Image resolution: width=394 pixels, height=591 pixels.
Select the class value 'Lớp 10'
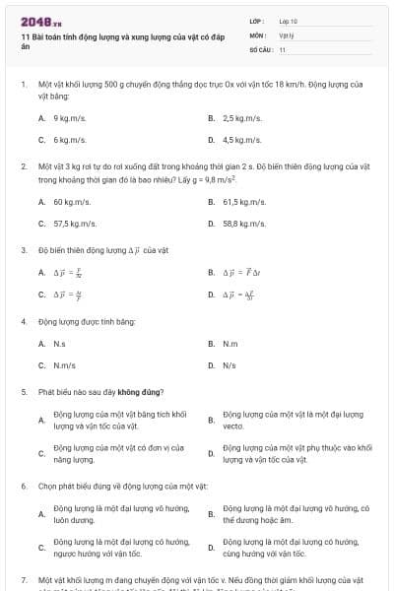click(288, 20)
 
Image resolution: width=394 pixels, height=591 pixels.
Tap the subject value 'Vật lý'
click(287, 34)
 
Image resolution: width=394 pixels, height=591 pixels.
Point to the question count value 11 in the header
click(283, 49)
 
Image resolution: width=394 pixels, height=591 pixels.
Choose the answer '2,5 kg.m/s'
click(240, 118)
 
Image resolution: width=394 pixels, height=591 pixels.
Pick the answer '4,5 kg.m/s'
click(241, 141)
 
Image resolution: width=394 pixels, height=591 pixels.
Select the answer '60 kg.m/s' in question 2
click(72, 202)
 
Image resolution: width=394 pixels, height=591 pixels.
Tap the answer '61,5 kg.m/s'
click(243, 202)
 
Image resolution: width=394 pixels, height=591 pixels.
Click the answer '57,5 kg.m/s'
click(74, 224)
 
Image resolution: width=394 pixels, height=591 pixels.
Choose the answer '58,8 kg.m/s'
click(243, 224)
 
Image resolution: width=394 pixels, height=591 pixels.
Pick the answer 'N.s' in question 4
click(59, 344)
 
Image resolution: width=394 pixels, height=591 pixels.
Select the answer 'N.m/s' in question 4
click(63, 365)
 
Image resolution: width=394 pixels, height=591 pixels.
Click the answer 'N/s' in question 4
click(229, 365)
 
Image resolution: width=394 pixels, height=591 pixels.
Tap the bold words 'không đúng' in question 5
click(143, 392)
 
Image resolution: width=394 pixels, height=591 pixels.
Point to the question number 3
click(23, 250)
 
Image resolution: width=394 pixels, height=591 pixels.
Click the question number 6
click(23, 487)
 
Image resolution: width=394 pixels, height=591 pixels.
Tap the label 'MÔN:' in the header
click(257, 34)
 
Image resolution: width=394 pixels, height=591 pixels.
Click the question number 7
click(23, 581)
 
